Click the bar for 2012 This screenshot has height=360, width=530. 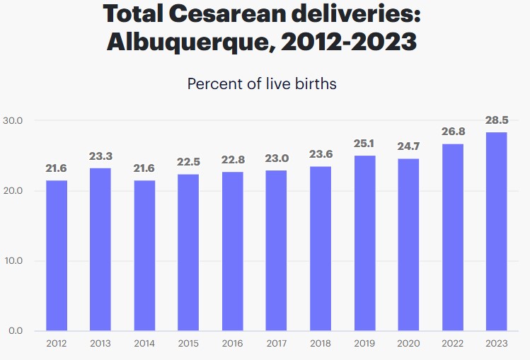coord(57,255)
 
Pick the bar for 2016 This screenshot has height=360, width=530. coord(232,251)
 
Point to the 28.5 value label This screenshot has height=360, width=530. coord(496,120)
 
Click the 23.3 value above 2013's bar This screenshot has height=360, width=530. coord(100,156)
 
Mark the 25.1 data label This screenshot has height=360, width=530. coord(364,144)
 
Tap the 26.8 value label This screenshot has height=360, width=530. coord(452,132)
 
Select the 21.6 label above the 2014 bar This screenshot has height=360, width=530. coord(144,168)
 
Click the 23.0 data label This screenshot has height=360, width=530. coord(276,158)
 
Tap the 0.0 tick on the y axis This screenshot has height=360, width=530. coord(16,331)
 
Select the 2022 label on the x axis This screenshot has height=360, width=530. coord(452,343)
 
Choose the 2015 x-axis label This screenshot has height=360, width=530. coord(188,343)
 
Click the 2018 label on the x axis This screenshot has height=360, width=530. coord(321,343)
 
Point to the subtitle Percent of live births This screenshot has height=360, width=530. coord(262,83)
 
